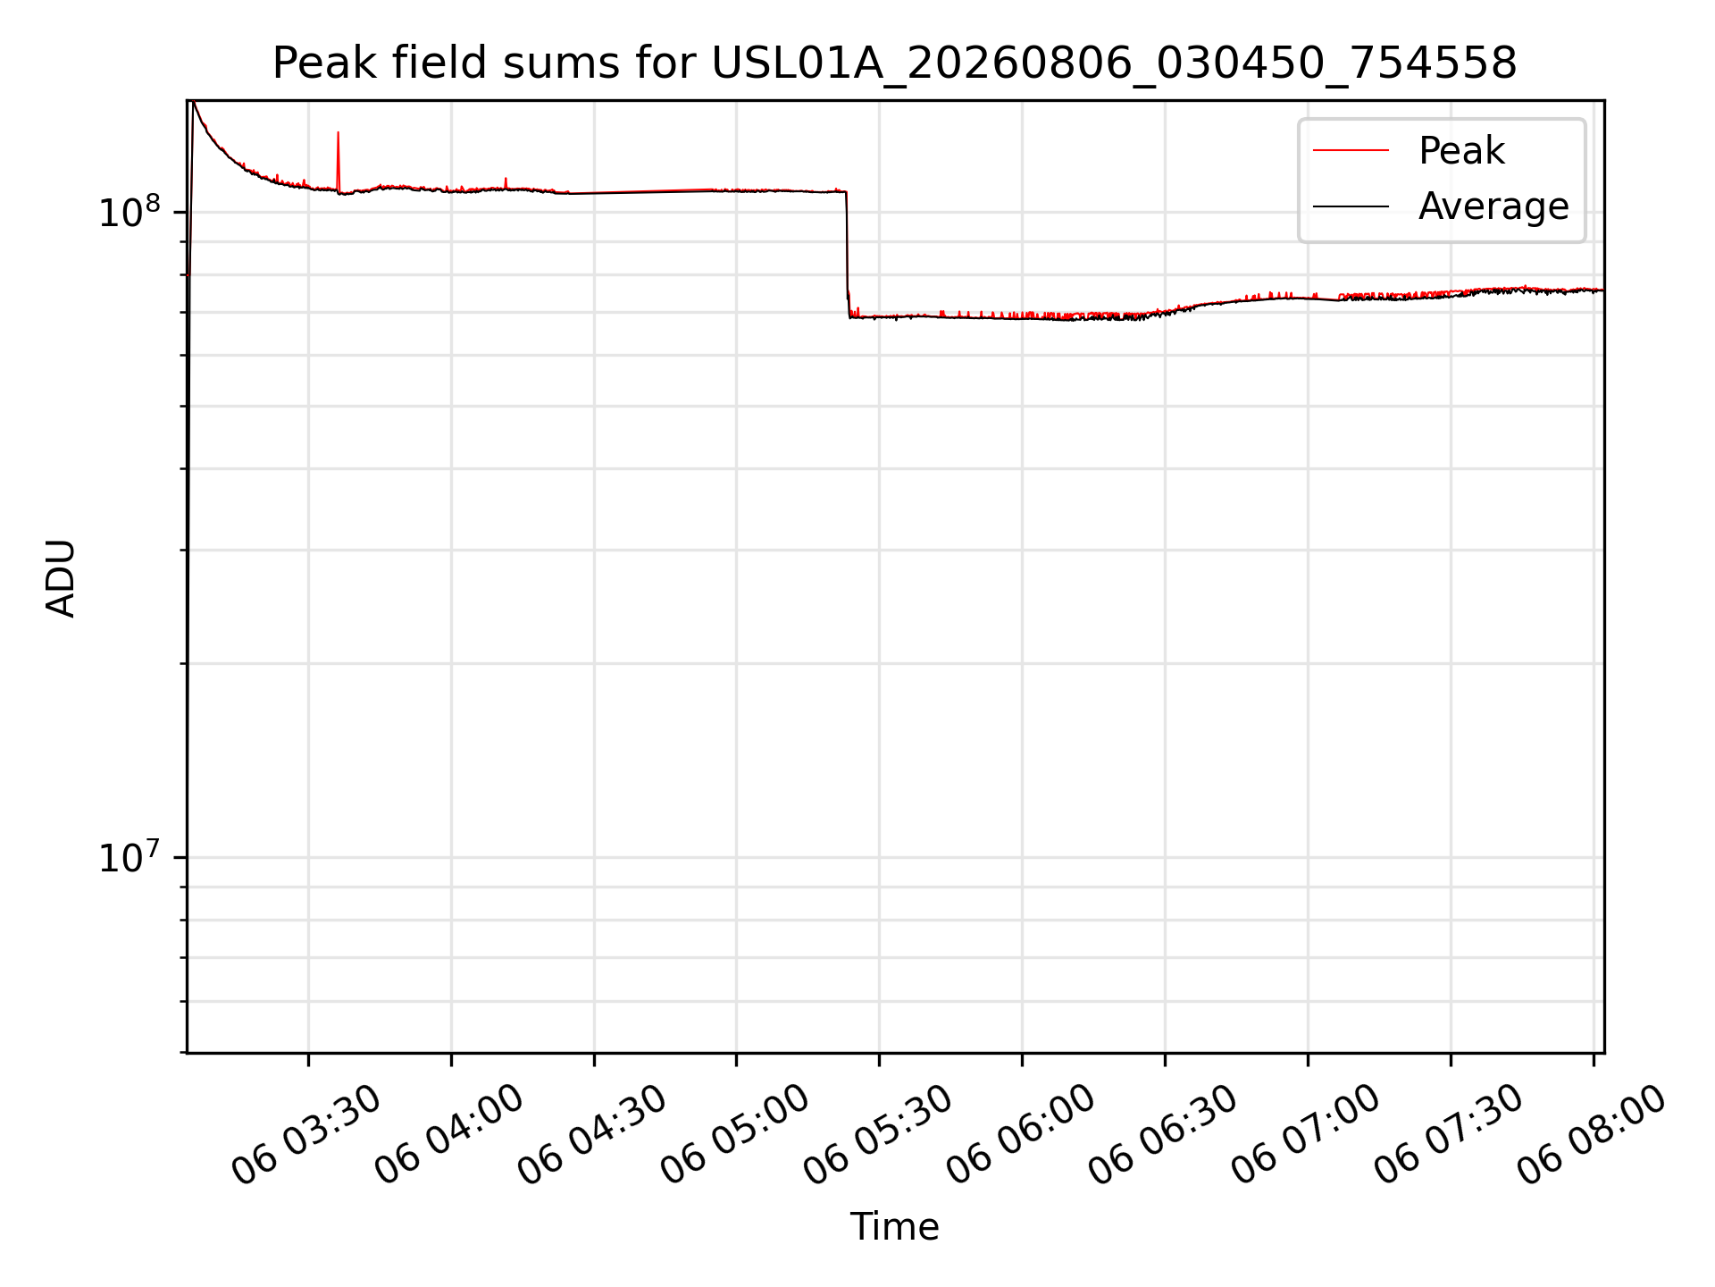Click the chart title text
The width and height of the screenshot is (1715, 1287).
tap(894, 63)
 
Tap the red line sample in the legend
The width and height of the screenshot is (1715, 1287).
tap(1351, 151)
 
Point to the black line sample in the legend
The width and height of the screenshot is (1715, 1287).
tap(1351, 206)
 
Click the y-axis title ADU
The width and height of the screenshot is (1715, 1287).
tap(61, 577)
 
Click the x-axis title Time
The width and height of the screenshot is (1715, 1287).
tap(894, 1227)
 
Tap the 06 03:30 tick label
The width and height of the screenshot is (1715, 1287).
tap(306, 1135)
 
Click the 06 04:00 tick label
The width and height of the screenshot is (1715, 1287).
tap(448, 1135)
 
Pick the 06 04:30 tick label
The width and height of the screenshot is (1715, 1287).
tap(591, 1135)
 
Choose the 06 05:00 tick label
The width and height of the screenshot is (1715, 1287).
tap(734, 1135)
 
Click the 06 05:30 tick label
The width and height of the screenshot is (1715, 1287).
tap(877, 1135)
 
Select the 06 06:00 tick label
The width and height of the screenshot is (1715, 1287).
tap(1020, 1135)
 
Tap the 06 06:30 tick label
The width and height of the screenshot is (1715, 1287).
tap(1162, 1135)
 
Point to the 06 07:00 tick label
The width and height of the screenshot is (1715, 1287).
tap(1305, 1135)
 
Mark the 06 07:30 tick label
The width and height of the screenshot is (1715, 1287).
tap(1448, 1135)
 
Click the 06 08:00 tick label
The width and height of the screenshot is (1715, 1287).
tap(1591, 1135)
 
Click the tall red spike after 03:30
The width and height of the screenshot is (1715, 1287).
tap(338, 161)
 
